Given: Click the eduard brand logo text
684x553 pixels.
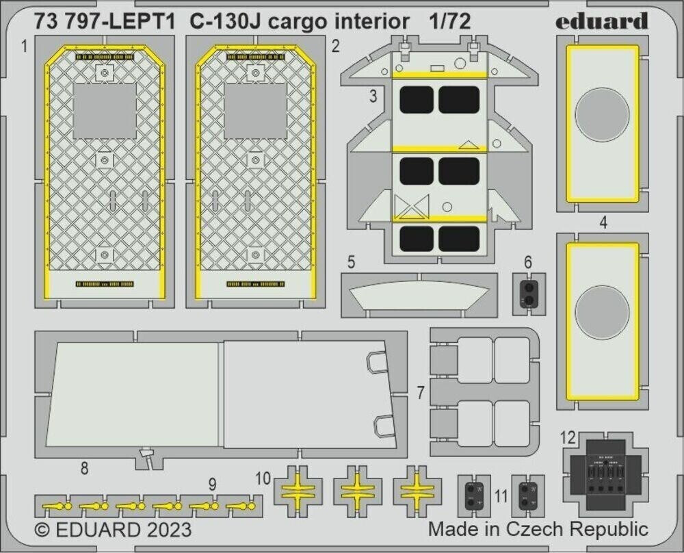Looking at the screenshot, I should [x=601, y=21].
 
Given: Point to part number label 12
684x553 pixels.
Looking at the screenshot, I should [x=566, y=438].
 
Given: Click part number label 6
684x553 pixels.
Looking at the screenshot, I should [x=527, y=262].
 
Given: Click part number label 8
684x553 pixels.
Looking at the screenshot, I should [x=84, y=469].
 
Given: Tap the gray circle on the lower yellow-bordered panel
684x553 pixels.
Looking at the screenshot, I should [x=602, y=312].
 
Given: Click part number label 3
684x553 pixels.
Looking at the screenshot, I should [x=372, y=97].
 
